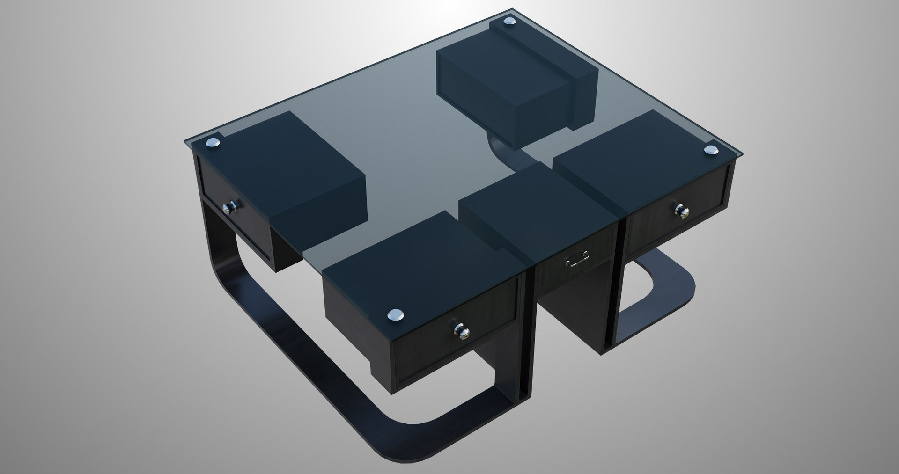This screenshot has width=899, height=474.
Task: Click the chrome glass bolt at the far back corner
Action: pyautogui.click(x=508, y=22)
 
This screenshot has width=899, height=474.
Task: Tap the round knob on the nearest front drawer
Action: pyautogui.click(x=459, y=331)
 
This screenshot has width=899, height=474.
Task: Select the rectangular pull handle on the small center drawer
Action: pyautogui.click(x=576, y=261)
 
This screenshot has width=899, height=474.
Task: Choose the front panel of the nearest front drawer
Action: pyautogui.click(x=454, y=342)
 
